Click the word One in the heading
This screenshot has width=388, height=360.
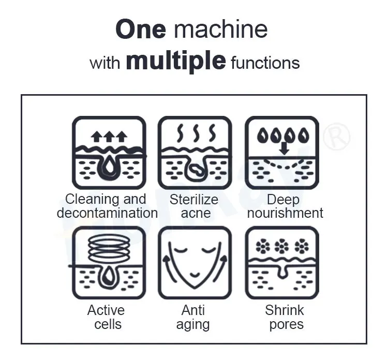[x=141, y=29]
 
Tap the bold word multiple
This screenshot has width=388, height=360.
[x=176, y=62]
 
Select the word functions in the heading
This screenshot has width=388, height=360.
[x=265, y=63]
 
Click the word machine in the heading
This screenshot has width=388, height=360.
[x=221, y=29]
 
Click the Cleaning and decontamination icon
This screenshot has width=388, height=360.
[x=109, y=153]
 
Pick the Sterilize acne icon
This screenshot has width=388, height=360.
[x=194, y=153]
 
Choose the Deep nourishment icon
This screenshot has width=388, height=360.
[x=282, y=153]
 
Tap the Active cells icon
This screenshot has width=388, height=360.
[x=109, y=262]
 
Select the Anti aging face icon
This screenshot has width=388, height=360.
[x=194, y=262]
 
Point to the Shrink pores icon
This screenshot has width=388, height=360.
[x=282, y=262]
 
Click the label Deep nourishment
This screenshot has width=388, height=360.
[x=285, y=206]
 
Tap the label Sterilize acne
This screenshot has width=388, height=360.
[x=194, y=206]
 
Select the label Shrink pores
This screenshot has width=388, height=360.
[x=285, y=317]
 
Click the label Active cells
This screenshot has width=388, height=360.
[x=106, y=317]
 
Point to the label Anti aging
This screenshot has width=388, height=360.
[x=193, y=317]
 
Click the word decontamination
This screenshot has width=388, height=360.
[x=107, y=213]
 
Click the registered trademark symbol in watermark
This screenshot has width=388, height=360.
[x=337, y=137]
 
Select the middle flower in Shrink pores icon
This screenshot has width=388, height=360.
[x=281, y=247]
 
